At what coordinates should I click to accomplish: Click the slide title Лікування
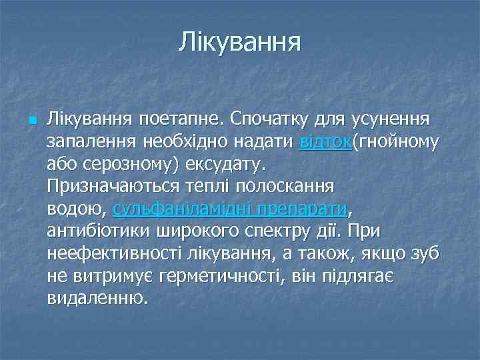239,43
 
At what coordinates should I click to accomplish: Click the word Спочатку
275,120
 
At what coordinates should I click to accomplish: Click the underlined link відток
325,142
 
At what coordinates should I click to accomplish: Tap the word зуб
425,253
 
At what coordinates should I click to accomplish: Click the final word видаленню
97,297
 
